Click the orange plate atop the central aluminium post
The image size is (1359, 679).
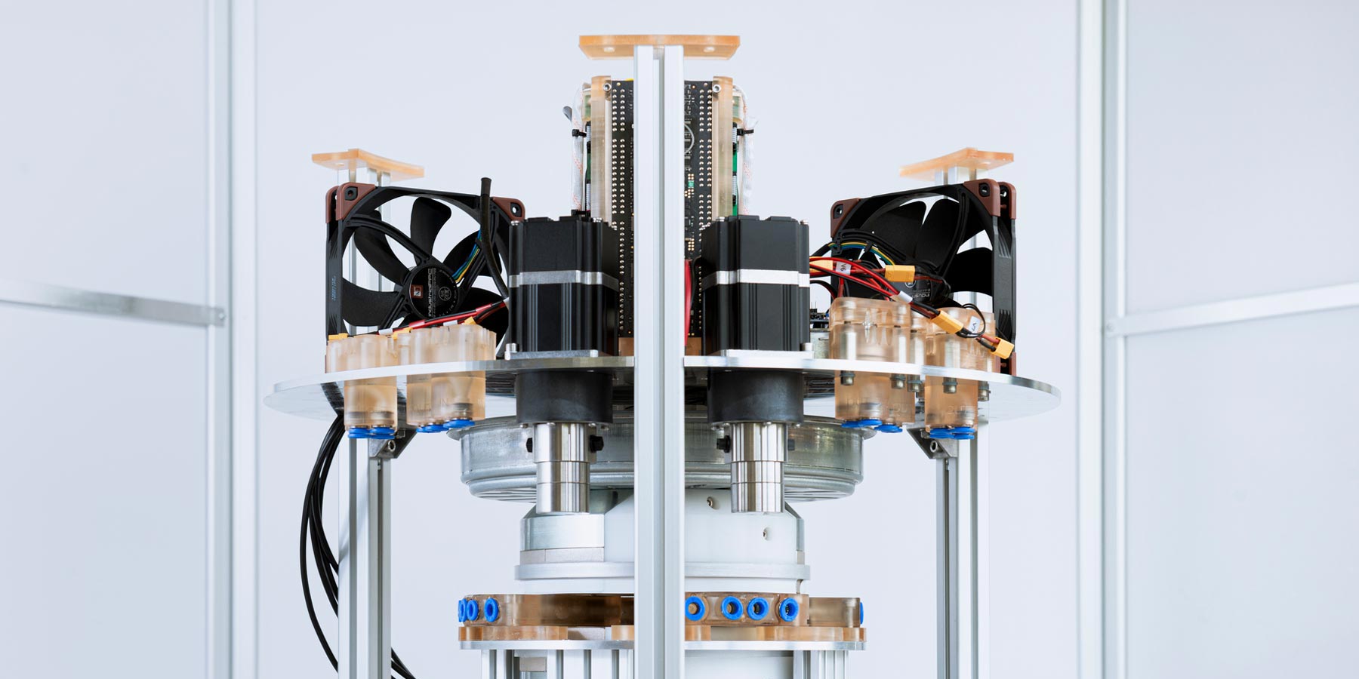660,44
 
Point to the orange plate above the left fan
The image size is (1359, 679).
368,163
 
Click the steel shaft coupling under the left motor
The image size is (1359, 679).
563,464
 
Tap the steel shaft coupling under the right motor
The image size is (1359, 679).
757,464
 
